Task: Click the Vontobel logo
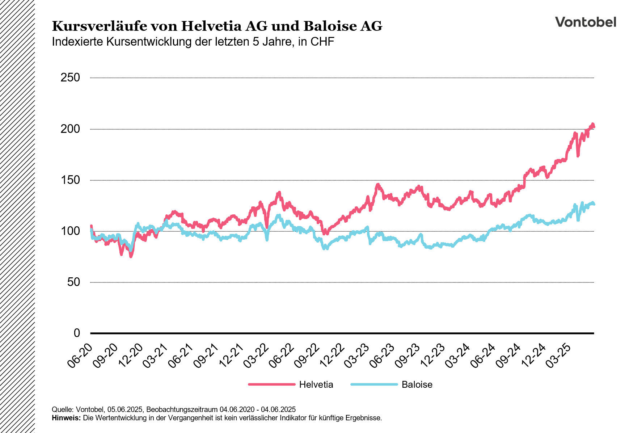point(585,22)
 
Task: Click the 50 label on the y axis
point(73,282)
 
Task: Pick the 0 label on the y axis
point(77,333)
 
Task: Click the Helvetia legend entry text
point(316,384)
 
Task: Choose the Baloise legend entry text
point(417,384)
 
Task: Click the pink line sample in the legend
point(272,384)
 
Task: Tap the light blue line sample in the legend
point(374,384)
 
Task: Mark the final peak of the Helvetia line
point(592,124)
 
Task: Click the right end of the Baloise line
point(594,204)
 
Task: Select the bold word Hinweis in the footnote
point(66,418)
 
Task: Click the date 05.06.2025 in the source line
point(126,410)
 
